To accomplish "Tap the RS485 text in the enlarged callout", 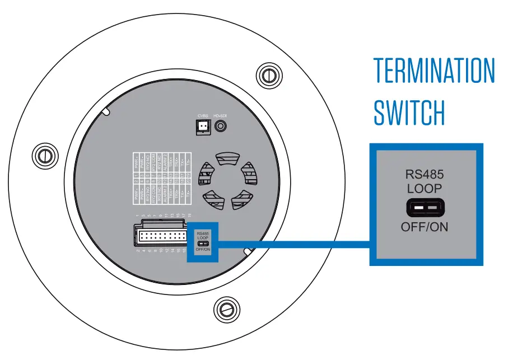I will pyautogui.click(x=425, y=175).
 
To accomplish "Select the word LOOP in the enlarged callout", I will pyautogui.click(x=425, y=189).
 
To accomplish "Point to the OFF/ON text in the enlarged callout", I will pyautogui.click(x=425, y=227).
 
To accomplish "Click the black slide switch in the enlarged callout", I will pyautogui.click(x=425, y=208).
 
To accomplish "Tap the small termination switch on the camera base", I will pyautogui.click(x=203, y=244).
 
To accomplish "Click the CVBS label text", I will pyautogui.click(x=203, y=116).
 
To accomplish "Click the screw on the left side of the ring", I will pyautogui.click(x=43, y=154).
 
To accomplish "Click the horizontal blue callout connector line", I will pyautogui.click(x=291, y=244).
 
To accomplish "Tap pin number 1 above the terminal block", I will pyautogui.click(x=137, y=215).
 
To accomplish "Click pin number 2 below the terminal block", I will pyautogui.click(x=138, y=250).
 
